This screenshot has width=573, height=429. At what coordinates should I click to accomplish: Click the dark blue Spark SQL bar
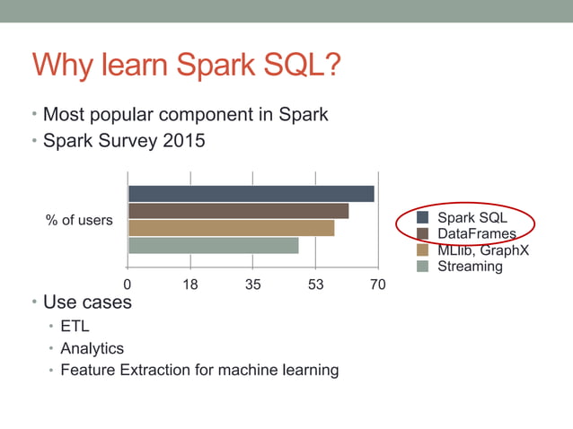tap(251, 194)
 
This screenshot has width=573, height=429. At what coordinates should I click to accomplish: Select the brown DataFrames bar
tap(238, 211)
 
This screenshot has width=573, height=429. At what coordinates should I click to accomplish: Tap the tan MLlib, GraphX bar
tap(231, 228)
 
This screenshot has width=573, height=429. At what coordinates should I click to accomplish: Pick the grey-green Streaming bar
tap(213, 245)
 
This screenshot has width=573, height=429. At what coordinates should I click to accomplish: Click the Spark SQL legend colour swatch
tap(422, 218)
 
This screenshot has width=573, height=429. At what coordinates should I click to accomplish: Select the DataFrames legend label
tap(477, 233)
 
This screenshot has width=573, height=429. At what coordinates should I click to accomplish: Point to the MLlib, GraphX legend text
tap(483, 250)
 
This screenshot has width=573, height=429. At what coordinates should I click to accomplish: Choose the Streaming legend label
tap(470, 266)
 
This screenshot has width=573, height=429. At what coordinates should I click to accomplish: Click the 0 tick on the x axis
tap(128, 285)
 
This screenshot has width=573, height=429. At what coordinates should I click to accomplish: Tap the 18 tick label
tap(190, 285)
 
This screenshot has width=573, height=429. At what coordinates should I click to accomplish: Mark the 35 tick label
tap(253, 285)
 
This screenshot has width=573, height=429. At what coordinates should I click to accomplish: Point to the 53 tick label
tap(315, 285)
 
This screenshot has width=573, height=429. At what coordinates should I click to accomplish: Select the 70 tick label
tap(378, 285)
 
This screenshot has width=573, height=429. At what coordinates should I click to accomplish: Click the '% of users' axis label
tap(79, 220)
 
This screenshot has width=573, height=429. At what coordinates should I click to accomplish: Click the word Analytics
tap(92, 348)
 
